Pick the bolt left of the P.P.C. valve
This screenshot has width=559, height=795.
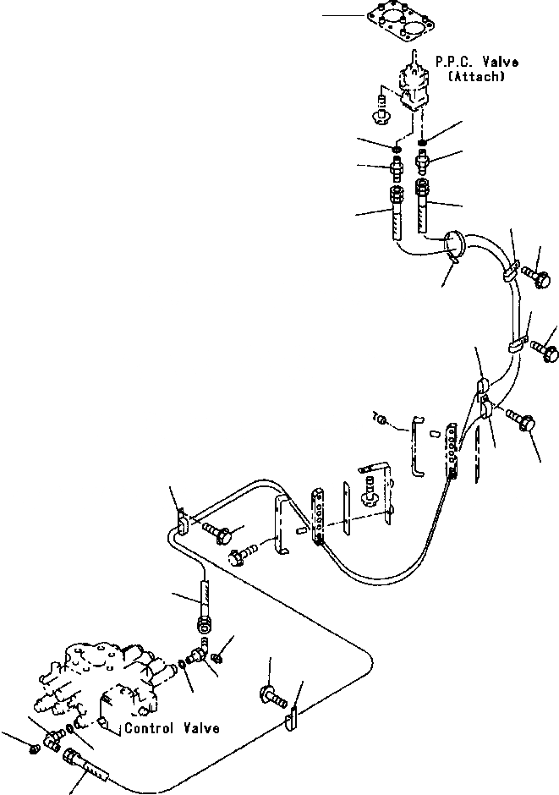pos(380,108)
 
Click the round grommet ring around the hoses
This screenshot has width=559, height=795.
pos(456,245)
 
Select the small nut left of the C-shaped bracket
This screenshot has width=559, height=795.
pos(381,420)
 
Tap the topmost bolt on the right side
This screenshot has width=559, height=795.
pos(537,276)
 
